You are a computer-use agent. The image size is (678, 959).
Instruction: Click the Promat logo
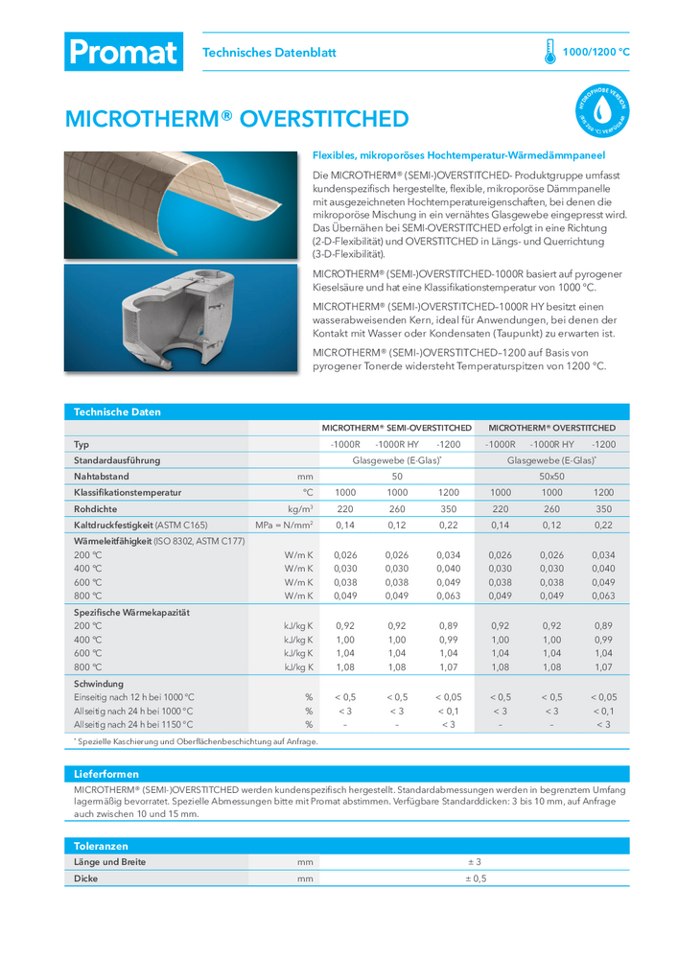point(124,52)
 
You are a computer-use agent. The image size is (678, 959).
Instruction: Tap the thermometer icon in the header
point(549,52)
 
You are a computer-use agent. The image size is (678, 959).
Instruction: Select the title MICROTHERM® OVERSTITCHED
point(236,119)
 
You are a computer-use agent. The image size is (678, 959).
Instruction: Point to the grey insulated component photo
point(184,317)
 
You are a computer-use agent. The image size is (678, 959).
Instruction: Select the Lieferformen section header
point(106,773)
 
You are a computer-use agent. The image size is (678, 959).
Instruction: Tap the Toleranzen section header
point(102,846)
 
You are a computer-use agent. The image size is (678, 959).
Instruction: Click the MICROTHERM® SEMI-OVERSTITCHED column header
point(396,428)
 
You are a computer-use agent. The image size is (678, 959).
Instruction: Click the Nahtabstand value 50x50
point(551,476)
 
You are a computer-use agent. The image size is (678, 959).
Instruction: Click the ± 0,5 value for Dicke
point(477,878)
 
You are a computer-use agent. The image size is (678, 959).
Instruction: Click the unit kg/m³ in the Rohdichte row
point(301,509)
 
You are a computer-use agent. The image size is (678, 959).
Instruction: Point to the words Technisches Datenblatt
point(269,53)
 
